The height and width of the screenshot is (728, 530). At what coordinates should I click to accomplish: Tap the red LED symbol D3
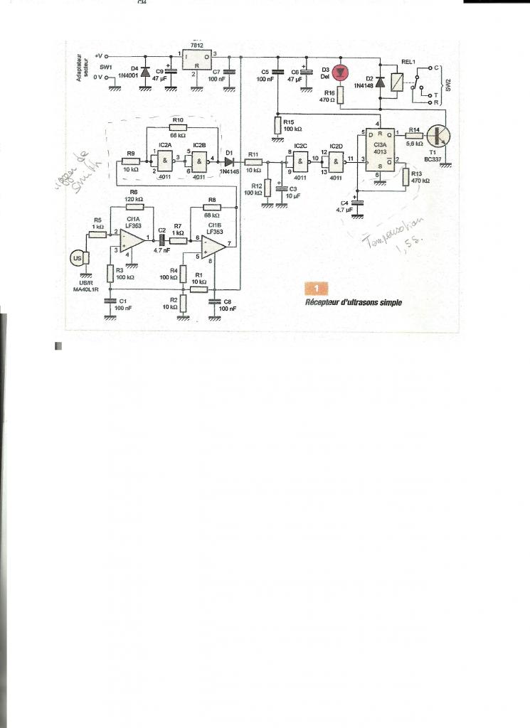(x=340, y=71)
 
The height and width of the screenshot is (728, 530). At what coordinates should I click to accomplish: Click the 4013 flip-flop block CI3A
(x=380, y=151)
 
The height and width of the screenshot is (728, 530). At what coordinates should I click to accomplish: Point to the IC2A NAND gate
(x=165, y=161)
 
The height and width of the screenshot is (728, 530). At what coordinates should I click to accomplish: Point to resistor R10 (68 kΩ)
(x=177, y=127)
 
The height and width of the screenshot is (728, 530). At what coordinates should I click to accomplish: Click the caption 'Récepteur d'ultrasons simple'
(x=354, y=302)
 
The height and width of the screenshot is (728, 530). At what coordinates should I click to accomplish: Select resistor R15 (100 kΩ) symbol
(x=277, y=126)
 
